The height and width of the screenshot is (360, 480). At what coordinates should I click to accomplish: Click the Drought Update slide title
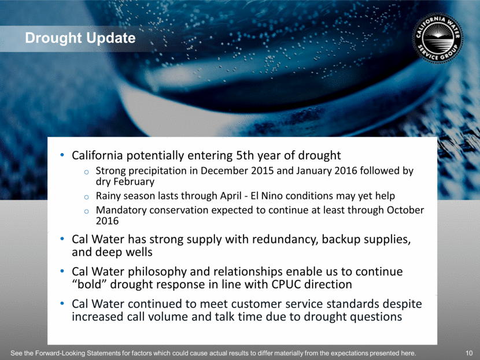click(x=80, y=38)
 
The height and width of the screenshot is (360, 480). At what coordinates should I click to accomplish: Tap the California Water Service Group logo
click(x=438, y=38)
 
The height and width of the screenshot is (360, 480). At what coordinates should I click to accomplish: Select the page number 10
click(x=469, y=353)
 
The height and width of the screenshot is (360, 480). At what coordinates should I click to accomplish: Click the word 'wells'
click(x=141, y=252)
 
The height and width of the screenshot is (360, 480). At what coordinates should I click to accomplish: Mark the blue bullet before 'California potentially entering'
click(x=62, y=155)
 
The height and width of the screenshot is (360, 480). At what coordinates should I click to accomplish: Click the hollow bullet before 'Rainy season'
click(x=87, y=197)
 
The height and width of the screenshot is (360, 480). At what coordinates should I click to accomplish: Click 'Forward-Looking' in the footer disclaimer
click(x=60, y=353)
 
